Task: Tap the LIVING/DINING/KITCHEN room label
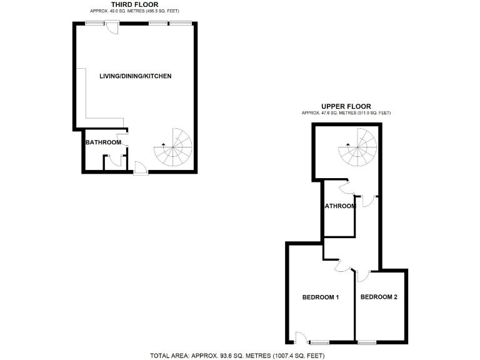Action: (x=136, y=76)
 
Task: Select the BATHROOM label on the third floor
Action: (x=103, y=142)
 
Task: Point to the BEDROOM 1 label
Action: (x=320, y=297)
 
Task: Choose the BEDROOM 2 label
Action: (x=379, y=297)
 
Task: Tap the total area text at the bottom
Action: (x=237, y=356)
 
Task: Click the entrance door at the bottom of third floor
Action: (x=140, y=168)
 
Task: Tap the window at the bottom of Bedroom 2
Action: (x=367, y=341)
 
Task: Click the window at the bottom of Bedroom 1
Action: (x=320, y=342)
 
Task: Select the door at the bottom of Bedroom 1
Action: (x=300, y=338)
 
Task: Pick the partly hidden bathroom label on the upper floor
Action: (x=340, y=206)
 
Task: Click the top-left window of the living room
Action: (x=95, y=23)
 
